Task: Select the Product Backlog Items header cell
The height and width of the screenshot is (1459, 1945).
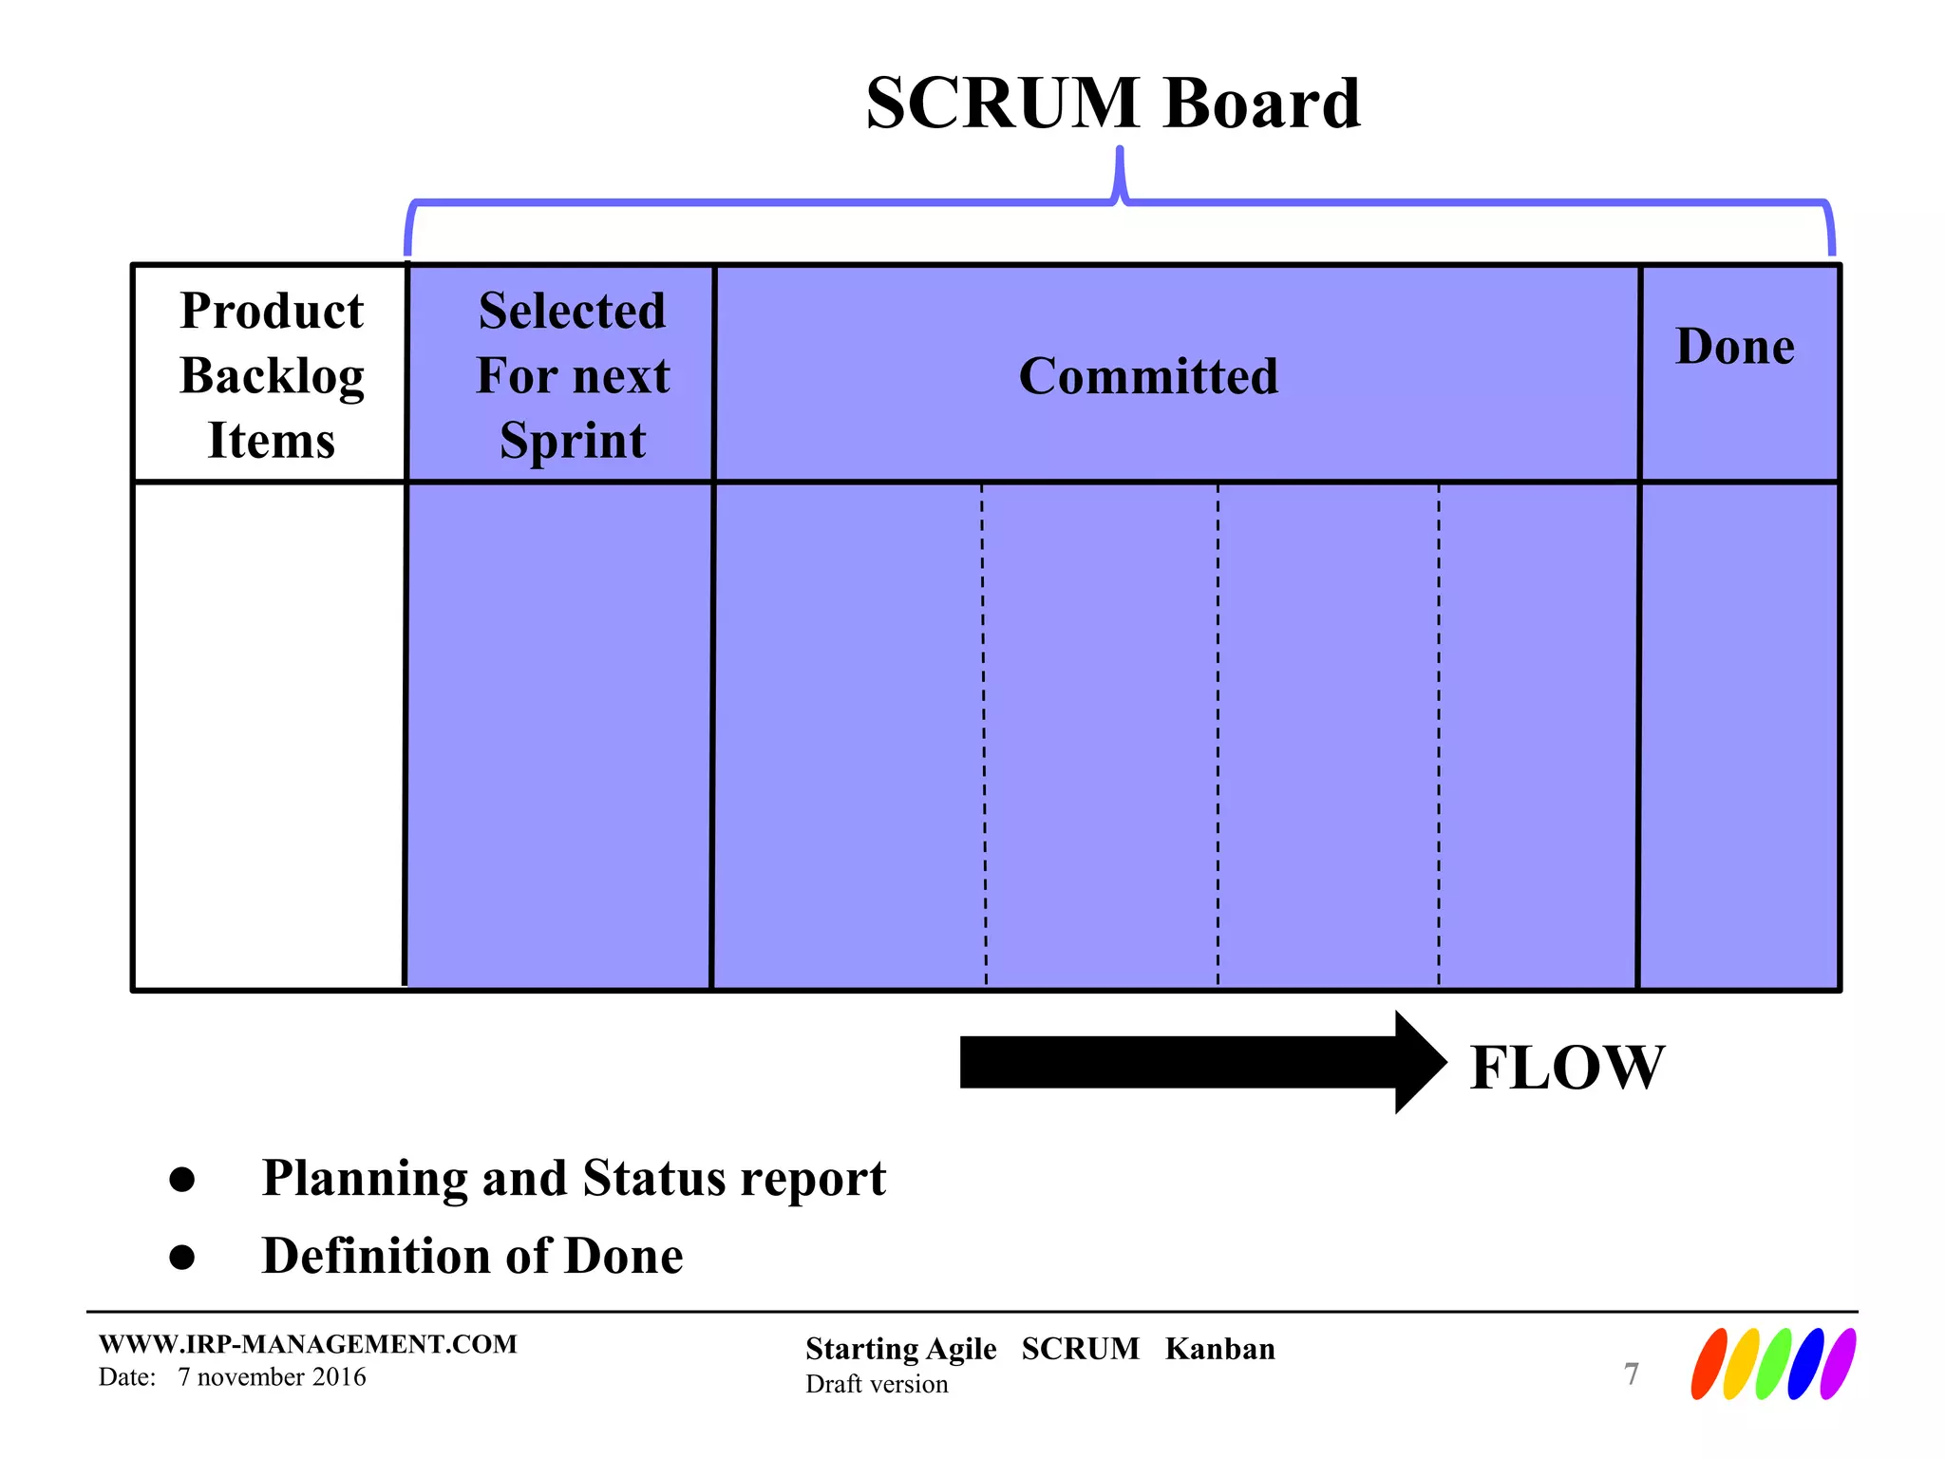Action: point(272,375)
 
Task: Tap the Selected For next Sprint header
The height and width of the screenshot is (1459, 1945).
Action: point(573,375)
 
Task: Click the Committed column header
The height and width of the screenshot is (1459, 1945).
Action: point(1148,376)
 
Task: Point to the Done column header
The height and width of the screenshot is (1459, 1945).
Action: point(1735,346)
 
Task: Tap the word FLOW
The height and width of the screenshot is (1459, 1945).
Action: point(1567,1067)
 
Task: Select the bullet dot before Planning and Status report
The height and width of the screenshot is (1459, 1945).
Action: point(181,1180)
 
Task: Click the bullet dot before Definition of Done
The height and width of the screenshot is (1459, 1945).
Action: point(181,1258)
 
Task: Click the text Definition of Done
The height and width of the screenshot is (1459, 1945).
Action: point(472,1256)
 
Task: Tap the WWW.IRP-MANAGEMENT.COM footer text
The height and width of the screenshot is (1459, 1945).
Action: point(308,1344)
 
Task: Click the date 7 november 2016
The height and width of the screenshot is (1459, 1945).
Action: point(272,1377)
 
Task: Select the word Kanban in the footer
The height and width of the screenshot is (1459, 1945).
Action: point(1219,1349)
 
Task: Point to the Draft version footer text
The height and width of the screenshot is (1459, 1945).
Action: point(877,1384)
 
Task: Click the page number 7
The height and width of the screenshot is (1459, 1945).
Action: point(1632,1374)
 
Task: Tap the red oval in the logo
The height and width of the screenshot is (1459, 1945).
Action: point(1709,1364)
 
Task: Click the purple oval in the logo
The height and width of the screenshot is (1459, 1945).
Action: point(1838,1364)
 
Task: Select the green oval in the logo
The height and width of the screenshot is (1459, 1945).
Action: point(1773,1364)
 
